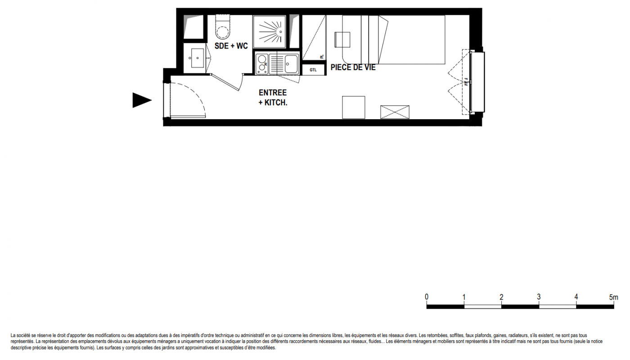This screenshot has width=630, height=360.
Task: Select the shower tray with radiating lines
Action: (270, 32)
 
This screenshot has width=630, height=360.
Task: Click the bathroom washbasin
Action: (198, 58)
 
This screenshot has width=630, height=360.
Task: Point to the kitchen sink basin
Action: (291, 64)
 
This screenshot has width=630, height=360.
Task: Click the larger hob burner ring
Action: (262, 59)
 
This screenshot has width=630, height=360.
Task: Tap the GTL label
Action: (313, 70)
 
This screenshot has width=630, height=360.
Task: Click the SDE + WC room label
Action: (231, 46)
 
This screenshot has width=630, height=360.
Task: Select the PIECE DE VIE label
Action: (353, 67)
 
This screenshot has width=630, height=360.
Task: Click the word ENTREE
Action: (273, 93)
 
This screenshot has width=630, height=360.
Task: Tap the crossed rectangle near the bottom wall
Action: (395, 112)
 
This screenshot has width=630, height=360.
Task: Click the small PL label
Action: (322, 57)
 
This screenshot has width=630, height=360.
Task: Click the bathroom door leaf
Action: (225, 82)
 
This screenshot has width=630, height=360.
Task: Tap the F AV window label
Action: (465, 82)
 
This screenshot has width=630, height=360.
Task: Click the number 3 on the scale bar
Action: (539, 297)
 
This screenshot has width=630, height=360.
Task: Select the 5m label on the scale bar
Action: (614, 297)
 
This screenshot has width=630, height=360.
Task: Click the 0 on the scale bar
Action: (427, 297)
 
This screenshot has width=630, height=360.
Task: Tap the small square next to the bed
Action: (342, 40)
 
